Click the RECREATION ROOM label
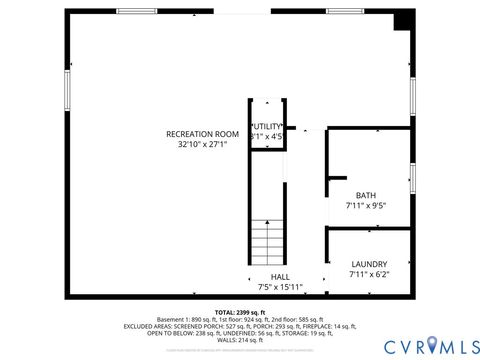click(202, 133)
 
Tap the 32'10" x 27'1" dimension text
click(202, 144)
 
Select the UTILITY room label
click(267, 126)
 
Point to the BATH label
click(365, 195)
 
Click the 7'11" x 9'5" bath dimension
click(365, 205)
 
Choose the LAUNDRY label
click(368, 264)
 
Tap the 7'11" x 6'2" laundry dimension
click(368, 274)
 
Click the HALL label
click(280, 277)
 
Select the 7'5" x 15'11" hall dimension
click(280, 287)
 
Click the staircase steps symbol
click(267, 241)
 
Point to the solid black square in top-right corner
click(404, 19)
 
